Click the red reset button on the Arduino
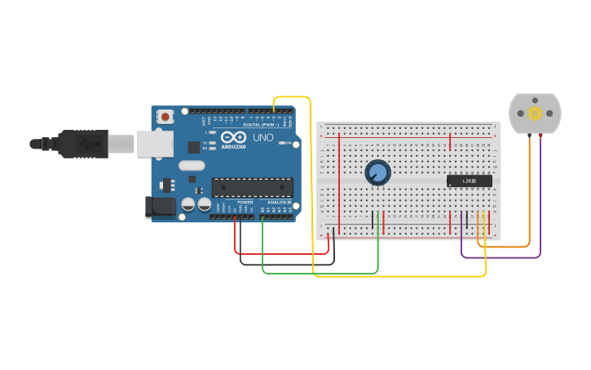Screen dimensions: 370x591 click(x=165, y=117)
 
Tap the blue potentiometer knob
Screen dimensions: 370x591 click(x=377, y=172)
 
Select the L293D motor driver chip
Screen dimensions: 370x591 click(x=470, y=181)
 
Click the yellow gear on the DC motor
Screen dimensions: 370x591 click(x=535, y=113)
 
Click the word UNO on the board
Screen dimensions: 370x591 click(x=263, y=137)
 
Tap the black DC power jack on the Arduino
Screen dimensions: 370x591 click(x=160, y=207)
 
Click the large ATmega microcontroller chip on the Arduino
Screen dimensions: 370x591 click(x=252, y=187)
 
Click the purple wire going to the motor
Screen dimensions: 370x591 click(x=501, y=257)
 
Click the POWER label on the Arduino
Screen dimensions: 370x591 click(x=245, y=202)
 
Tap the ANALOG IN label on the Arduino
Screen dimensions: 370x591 click(x=280, y=202)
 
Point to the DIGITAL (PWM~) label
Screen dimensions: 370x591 click(x=258, y=125)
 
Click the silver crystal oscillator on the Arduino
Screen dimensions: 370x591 click(x=192, y=166)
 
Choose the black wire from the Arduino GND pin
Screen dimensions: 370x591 click(x=285, y=264)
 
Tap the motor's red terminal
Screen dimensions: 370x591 click(x=540, y=136)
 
